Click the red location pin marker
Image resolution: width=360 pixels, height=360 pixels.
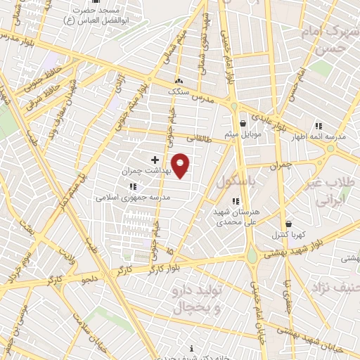pyautogui.click(x=181, y=165)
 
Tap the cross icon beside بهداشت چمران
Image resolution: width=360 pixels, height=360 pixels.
pyautogui.click(x=155, y=160)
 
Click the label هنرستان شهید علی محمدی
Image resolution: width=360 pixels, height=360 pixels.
pyautogui.click(x=237, y=217)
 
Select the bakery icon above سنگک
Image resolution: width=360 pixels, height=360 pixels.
pyautogui.click(x=178, y=81)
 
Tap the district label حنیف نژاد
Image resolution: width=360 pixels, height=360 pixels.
pyautogui.click(x=336, y=288)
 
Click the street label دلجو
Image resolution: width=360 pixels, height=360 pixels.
pyautogui.click(x=90, y=280)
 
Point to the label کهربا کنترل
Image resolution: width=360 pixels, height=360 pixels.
pyautogui.click(x=287, y=235)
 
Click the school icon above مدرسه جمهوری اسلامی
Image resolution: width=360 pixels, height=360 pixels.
pyautogui.click(x=132, y=187)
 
